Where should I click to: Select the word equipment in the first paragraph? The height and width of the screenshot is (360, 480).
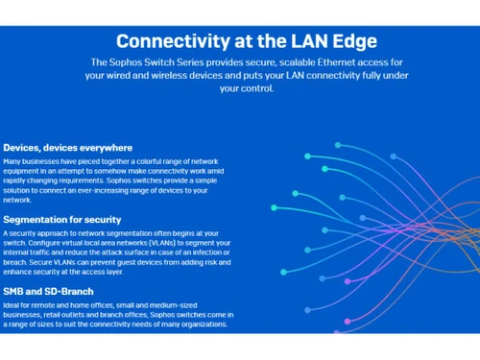pos(22,172)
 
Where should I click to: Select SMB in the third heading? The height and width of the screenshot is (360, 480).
pos(14,290)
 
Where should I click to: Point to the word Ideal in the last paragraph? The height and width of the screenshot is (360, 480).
pos(12,305)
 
